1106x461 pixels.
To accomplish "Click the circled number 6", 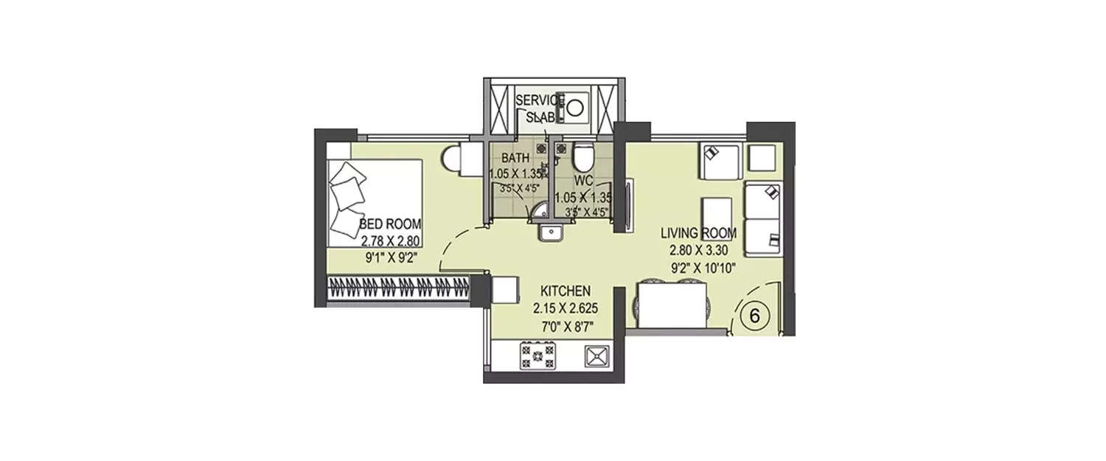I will (x=754, y=315).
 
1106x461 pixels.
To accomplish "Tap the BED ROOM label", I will (x=390, y=223).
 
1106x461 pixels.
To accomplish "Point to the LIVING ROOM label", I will (x=698, y=233).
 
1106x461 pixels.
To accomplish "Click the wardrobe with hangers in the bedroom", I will (x=399, y=288).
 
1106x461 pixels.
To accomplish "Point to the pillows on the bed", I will (x=345, y=195).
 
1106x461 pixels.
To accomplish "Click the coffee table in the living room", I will (x=716, y=218).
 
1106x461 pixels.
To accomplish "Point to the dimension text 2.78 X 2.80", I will (x=390, y=240).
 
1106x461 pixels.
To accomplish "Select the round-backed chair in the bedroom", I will (x=453, y=157).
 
